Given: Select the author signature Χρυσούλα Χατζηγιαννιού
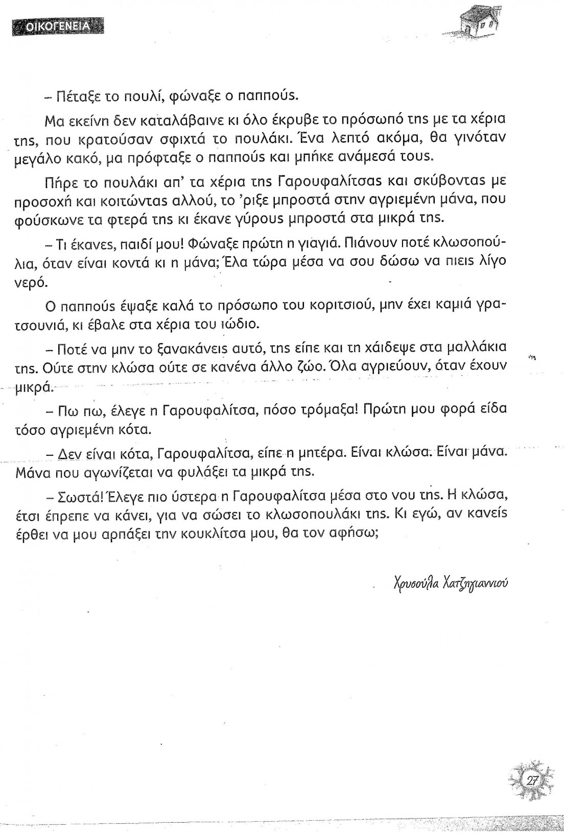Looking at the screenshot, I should coord(451,582).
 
